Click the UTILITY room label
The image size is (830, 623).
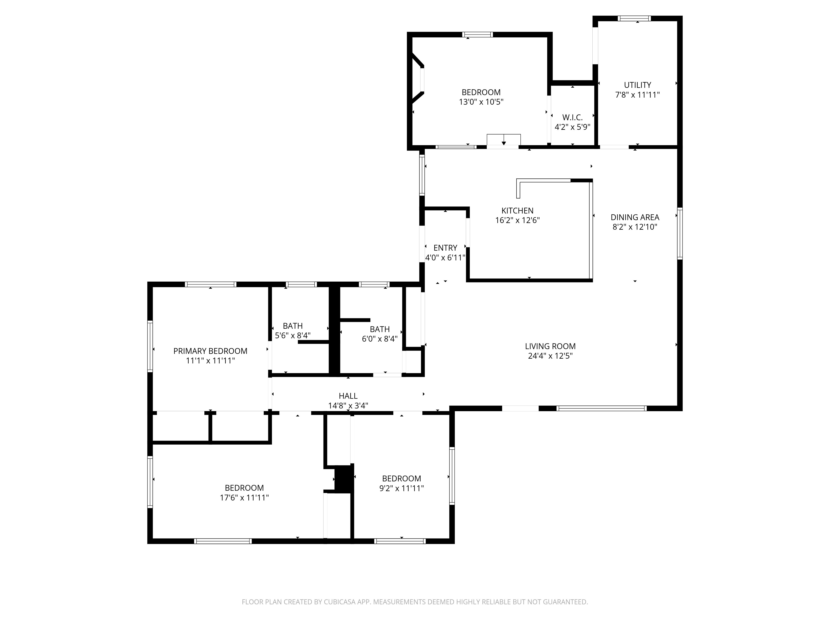pyautogui.click(x=637, y=85)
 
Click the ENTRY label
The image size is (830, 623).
pyautogui.click(x=445, y=248)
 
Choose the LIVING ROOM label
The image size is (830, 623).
pyautogui.click(x=550, y=346)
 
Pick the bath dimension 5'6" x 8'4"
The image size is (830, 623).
pyautogui.click(x=293, y=335)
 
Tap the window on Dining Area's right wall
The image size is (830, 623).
pyautogui.click(x=680, y=234)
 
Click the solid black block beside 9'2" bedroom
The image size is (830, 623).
pyautogui.click(x=344, y=478)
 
